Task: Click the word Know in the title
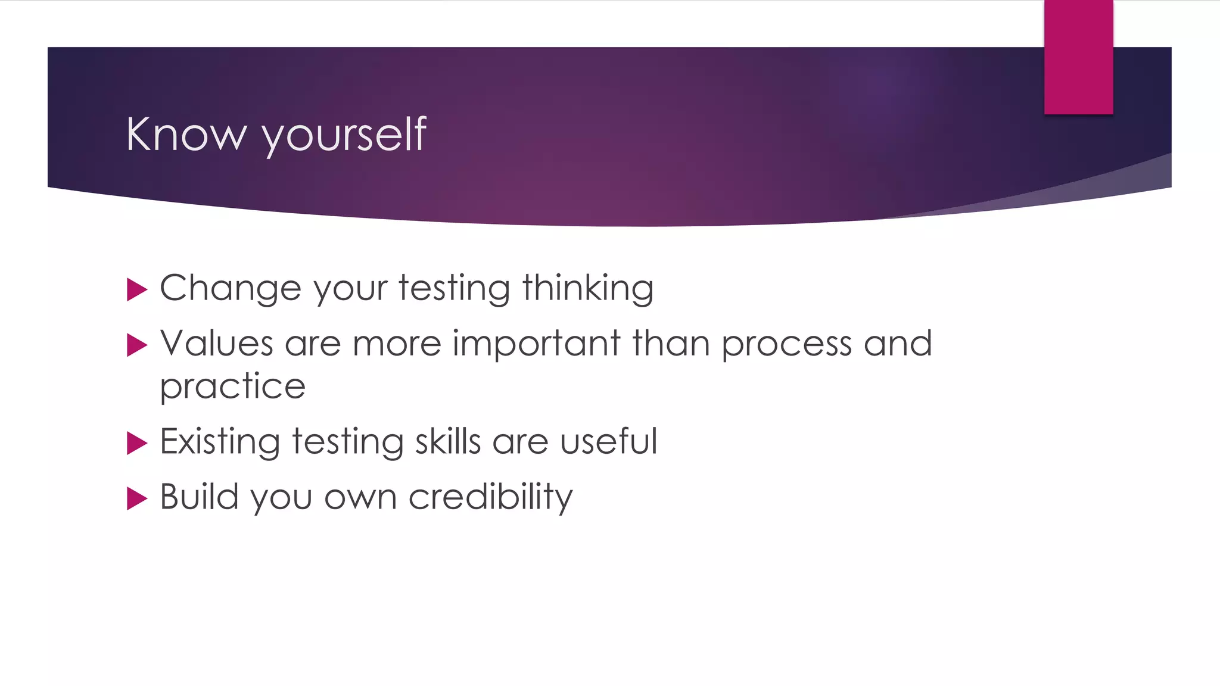(186, 135)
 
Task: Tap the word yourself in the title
(344, 136)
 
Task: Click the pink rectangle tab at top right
(1078, 57)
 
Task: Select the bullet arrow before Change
(137, 290)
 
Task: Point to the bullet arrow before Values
(137, 345)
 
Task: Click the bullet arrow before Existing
(137, 443)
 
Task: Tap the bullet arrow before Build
(137, 498)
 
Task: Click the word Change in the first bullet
(230, 289)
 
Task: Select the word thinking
(588, 289)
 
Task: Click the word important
(536, 345)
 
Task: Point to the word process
(786, 345)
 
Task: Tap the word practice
(233, 388)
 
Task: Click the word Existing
(220, 442)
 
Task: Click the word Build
(199, 497)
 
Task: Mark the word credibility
(490, 498)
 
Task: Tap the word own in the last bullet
(360, 498)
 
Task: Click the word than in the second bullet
(671, 344)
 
